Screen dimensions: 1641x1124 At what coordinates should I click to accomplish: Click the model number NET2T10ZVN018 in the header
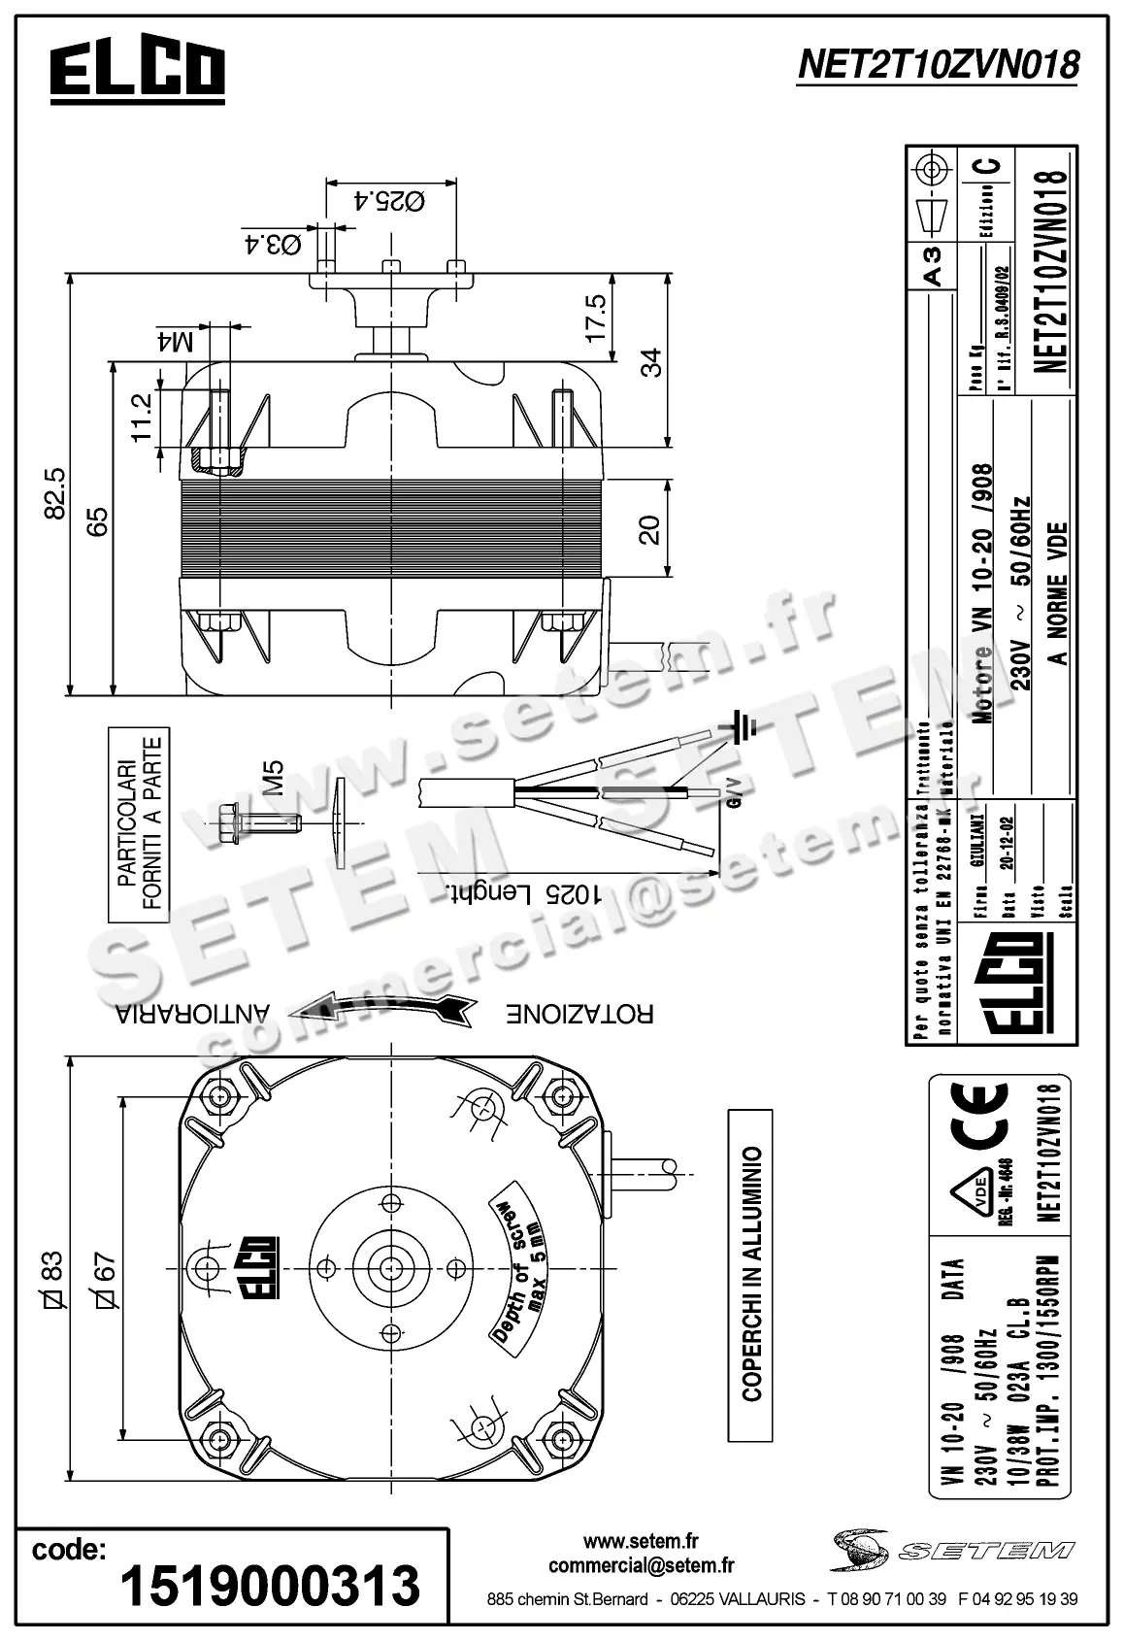pos(937,65)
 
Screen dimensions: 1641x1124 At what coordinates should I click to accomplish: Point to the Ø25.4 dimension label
pos(389,202)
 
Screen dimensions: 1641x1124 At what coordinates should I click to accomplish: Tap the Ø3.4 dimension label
pos(271,244)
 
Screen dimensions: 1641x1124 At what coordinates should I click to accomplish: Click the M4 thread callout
pos(175,341)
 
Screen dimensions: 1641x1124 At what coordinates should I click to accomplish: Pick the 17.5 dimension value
pos(595,316)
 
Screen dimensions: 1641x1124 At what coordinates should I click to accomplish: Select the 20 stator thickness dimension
pos(649,529)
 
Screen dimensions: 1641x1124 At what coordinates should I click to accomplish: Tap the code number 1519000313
pos(270,1586)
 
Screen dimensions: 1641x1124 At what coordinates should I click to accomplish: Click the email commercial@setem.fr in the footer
pos(641,1565)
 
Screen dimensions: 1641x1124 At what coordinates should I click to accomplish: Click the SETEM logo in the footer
pos(951,1550)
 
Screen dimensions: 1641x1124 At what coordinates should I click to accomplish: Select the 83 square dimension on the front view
pos(50,1280)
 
